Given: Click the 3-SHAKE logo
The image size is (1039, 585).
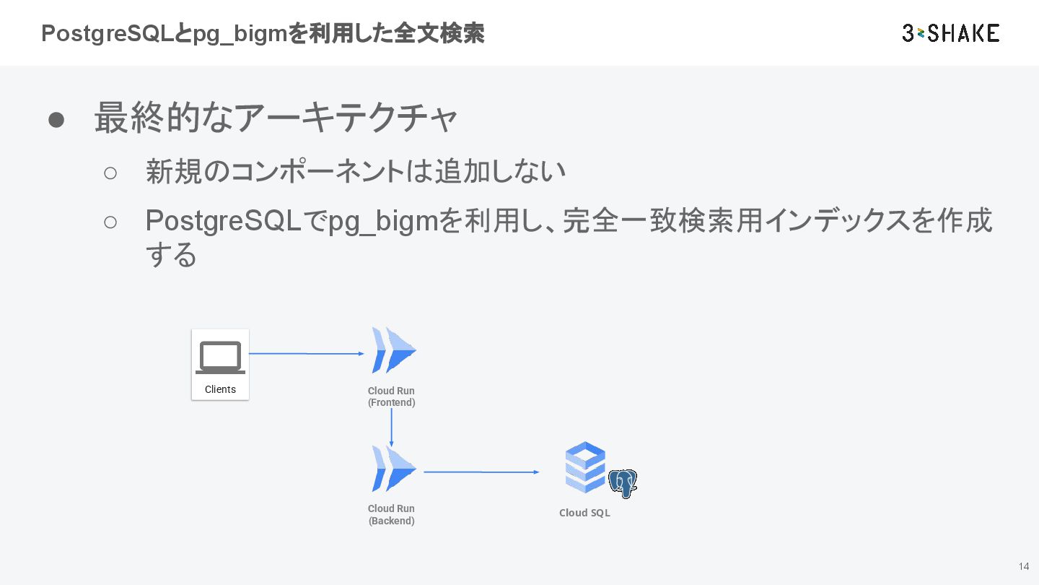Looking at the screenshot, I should coord(950,32).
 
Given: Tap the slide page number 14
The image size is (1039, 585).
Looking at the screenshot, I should coord(1024,566).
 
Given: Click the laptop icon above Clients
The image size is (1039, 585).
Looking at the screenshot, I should coord(220,357).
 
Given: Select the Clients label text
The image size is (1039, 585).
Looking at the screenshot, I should coord(220,389).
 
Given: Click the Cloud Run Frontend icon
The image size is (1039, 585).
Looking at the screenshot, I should coord(393,350).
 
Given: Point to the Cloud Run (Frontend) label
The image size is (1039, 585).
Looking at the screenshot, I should coord(391,396).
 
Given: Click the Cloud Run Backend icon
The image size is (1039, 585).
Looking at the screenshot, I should coord(393,469).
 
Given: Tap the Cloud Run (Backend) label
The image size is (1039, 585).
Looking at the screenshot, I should coord(391,514).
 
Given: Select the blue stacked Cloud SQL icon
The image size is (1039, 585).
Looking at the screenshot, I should coord(585,467).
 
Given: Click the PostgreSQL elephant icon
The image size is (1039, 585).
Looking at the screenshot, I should coord(623,483).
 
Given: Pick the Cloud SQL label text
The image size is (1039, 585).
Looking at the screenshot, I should coord(584,513).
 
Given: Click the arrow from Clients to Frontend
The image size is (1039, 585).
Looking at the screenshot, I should coord(306,354).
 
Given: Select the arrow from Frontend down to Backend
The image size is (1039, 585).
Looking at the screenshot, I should coord(391,427).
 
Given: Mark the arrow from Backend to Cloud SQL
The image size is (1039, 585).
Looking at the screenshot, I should coord(481,472).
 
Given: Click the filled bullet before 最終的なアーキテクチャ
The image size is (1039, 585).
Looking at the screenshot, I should coord(57,120).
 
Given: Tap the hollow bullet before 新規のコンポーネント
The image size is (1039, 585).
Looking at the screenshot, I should coord(110,173).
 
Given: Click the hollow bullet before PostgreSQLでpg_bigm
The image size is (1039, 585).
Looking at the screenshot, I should coord(110,222).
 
